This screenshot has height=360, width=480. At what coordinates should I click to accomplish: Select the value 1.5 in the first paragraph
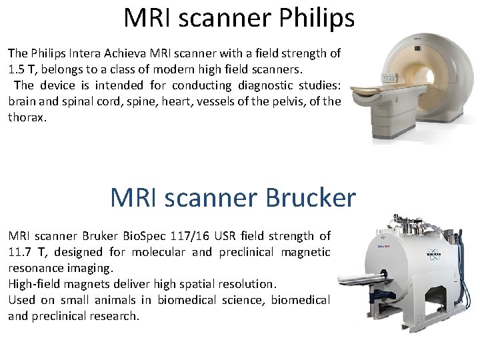[17, 69]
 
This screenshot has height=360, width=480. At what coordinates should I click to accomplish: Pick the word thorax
[27, 117]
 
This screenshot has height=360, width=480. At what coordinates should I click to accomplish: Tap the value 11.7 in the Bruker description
[20, 252]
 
